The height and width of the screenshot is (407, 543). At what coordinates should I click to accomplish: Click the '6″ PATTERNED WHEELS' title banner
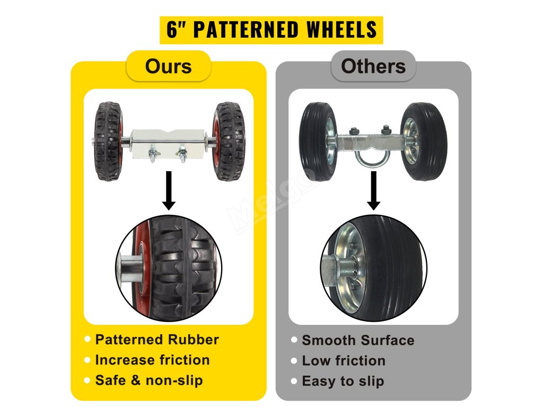click(x=271, y=30)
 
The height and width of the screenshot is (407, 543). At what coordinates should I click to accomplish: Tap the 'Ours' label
click(x=168, y=66)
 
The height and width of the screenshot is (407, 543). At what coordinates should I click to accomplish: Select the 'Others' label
click(x=373, y=66)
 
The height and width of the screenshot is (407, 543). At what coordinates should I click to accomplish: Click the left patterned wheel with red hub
click(x=109, y=141)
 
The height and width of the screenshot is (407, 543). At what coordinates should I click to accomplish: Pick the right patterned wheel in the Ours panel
click(x=229, y=141)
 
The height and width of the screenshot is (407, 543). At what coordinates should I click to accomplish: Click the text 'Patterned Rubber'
click(x=156, y=340)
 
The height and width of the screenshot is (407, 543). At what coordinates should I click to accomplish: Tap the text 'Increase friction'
click(x=152, y=360)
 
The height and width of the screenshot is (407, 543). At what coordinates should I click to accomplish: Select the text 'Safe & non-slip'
click(x=148, y=381)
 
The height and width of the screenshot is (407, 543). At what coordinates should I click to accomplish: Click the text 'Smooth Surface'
click(x=358, y=340)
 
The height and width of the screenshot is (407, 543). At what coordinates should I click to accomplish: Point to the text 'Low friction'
click(x=344, y=361)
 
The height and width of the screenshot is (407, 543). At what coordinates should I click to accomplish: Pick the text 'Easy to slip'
click(x=343, y=381)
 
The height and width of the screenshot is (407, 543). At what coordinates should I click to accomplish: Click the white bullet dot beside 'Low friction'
click(x=294, y=361)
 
